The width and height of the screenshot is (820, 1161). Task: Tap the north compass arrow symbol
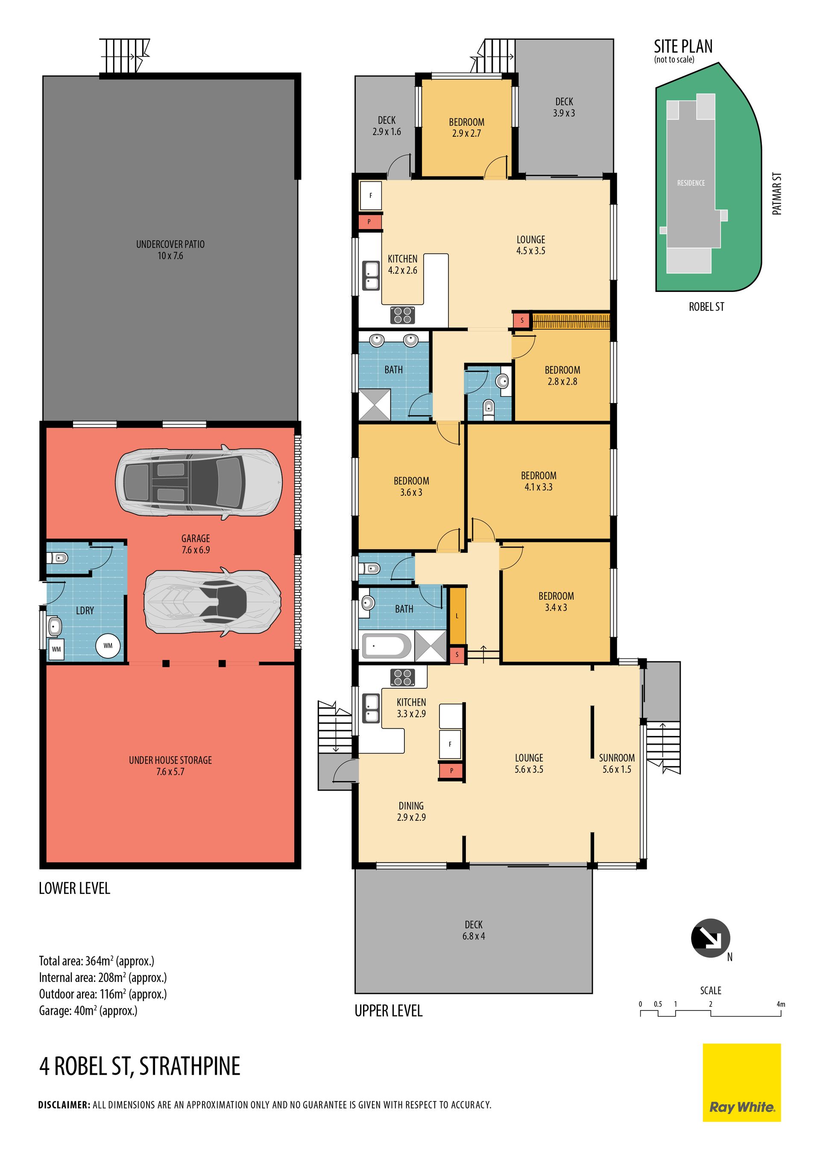point(710,938)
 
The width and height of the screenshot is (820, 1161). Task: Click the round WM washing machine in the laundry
point(108,646)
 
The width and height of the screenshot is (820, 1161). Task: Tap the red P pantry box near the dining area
point(451,771)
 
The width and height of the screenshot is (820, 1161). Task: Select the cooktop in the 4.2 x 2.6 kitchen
point(403,315)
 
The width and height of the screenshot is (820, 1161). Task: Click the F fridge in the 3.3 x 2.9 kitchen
point(450,744)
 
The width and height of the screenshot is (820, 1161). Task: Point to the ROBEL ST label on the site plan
point(706,307)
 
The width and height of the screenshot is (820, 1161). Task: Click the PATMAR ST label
point(777,194)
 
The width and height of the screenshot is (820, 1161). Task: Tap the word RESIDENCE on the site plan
point(691,183)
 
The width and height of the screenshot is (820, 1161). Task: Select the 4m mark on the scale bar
point(781,1004)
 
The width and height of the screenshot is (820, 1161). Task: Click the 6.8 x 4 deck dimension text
point(473,936)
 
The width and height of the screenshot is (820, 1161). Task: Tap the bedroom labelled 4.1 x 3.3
point(539,481)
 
